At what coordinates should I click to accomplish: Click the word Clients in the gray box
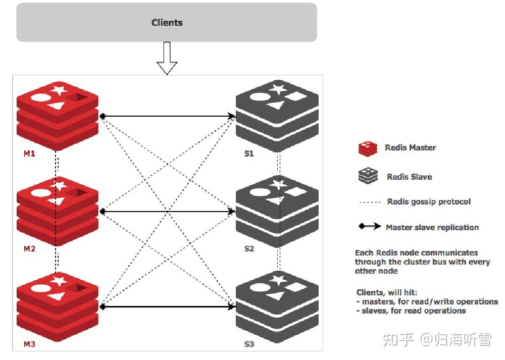167,23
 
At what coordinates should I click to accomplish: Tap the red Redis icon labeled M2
57,211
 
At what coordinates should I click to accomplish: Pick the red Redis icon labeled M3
57,306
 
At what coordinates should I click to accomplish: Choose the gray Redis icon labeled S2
277,211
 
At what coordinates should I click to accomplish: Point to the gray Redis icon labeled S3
277,306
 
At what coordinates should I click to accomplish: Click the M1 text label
29,153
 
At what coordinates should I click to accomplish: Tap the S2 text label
249,249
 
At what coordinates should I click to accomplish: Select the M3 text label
29,344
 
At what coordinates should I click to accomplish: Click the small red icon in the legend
368,148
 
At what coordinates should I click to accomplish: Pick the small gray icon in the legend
368,176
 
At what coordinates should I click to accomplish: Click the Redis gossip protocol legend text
429,201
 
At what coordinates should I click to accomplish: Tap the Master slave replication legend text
432,227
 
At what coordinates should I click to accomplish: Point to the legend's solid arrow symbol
370,227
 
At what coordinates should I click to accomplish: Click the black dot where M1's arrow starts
103,116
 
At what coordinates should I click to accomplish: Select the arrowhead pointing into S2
232,212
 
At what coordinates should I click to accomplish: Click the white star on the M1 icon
59,91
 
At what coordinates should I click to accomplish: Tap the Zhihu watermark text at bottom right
437,340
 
